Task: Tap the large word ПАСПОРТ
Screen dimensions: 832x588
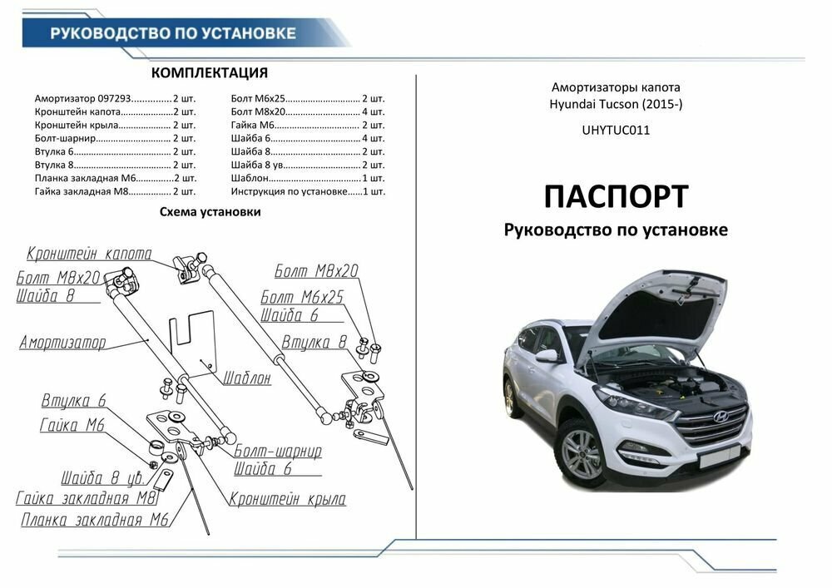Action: tap(616, 196)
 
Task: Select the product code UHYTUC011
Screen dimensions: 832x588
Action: tap(617, 130)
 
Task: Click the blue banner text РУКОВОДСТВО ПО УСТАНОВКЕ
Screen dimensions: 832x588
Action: tap(173, 33)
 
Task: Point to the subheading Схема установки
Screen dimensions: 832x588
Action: tap(210, 212)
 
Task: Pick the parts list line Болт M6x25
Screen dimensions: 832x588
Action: tap(307, 98)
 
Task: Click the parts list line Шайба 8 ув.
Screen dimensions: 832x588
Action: tap(307, 165)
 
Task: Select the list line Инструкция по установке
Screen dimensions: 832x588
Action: tap(307, 191)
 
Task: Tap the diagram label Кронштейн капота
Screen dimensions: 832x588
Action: tap(89, 254)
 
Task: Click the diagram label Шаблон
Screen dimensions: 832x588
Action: tap(245, 378)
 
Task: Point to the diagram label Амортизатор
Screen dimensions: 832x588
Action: tap(62, 342)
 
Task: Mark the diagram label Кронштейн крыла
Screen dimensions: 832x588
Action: tap(287, 499)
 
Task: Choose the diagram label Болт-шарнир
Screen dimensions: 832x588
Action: tap(277, 452)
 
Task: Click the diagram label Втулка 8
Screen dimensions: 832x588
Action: tap(314, 343)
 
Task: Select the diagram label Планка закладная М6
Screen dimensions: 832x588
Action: tap(96, 520)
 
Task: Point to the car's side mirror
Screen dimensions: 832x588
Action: tap(547, 356)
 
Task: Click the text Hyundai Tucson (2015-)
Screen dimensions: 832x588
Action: tap(617, 104)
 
